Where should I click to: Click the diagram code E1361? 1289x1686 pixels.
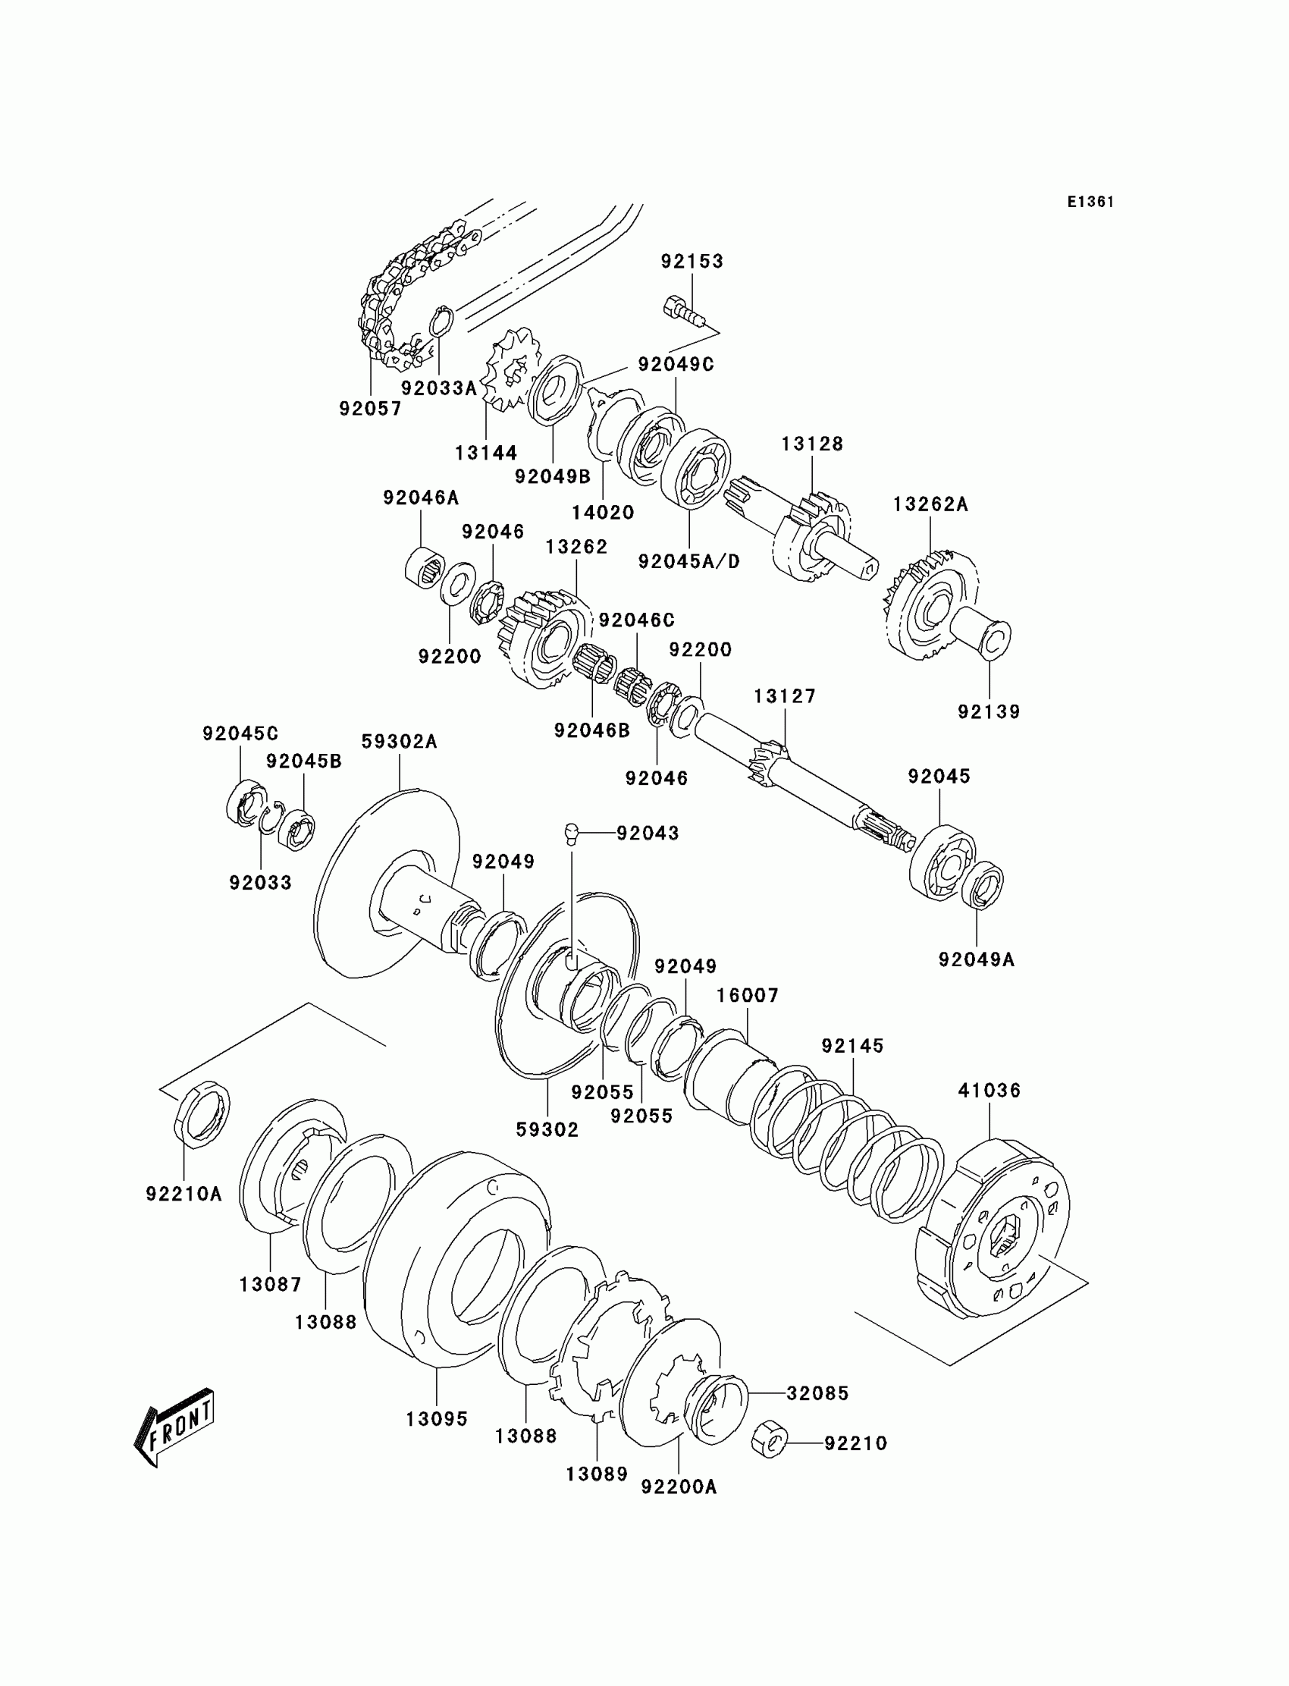pyautogui.click(x=1090, y=202)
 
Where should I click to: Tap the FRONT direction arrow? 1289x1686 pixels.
pyautogui.click(x=175, y=1427)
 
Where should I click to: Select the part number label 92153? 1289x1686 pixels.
pyautogui.click(x=692, y=261)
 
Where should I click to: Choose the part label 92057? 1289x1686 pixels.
pyautogui.click(x=371, y=408)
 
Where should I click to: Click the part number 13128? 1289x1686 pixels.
pyautogui.click(x=812, y=444)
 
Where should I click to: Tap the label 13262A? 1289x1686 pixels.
pyautogui.click(x=930, y=504)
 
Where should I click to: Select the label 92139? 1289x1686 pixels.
pyautogui.click(x=988, y=711)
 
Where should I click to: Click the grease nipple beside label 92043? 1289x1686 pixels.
pyautogui.click(x=572, y=834)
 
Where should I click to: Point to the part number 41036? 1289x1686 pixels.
pyautogui.click(x=989, y=1090)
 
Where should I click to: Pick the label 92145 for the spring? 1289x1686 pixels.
pyautogui.click(x=852, y=1045)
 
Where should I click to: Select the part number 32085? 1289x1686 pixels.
pyautogui.click(x=817, y=1392)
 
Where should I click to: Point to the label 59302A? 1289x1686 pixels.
pyautogui.click(x=399, y=741)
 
